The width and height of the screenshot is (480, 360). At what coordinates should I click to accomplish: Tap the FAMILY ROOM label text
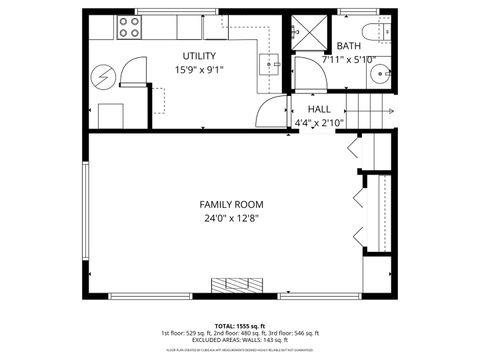(231, 204)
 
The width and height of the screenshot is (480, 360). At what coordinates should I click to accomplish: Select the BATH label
(349, 46)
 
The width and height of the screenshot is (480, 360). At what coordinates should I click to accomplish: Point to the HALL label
(319, 109)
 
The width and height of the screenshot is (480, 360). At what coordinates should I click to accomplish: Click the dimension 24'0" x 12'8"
(231, 218)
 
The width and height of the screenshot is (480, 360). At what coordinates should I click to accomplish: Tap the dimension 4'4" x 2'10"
(319, 123)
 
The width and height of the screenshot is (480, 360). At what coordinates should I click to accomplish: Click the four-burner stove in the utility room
(128, 27)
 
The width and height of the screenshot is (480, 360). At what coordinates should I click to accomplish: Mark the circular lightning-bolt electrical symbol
(102, 76)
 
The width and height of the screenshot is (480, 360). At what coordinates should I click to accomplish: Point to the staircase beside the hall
(367, 109)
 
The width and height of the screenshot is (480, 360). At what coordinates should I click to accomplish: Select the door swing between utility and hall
(268, 111)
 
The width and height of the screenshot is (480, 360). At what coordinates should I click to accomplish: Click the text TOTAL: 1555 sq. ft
(240, 325)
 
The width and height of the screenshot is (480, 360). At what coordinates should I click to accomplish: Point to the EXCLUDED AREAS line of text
(240, 341)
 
